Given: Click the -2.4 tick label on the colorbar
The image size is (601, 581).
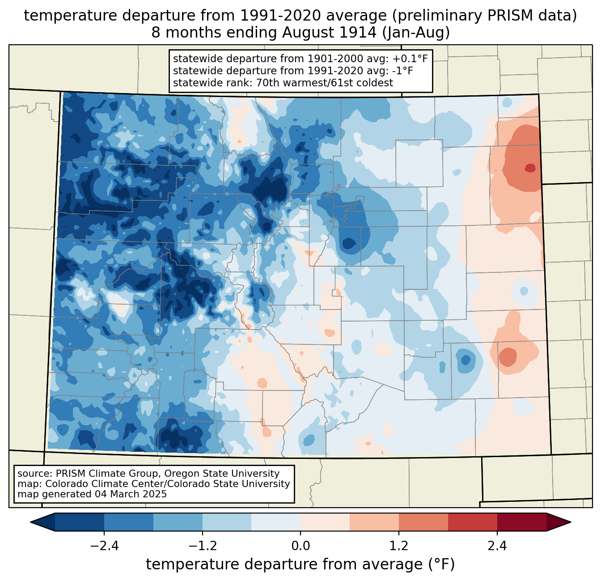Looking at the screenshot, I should click(104, 546).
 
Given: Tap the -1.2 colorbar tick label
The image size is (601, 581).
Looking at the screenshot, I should click(202, 546).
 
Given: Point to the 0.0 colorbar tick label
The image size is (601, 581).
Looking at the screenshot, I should click(300, 546).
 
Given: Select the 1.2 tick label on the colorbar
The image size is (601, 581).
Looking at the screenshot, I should click(399, 546).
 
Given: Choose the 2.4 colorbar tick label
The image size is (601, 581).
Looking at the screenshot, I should click(497, 546).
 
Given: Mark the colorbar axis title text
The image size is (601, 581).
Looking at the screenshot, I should click(300, 564).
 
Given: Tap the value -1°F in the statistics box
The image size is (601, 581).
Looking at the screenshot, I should click(402, 71).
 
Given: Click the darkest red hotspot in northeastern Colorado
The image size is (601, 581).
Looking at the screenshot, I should click(530, 168).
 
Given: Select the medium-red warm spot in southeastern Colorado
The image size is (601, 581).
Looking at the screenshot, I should click(508, 357).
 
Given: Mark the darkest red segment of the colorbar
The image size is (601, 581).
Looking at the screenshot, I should click(521, 522).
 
